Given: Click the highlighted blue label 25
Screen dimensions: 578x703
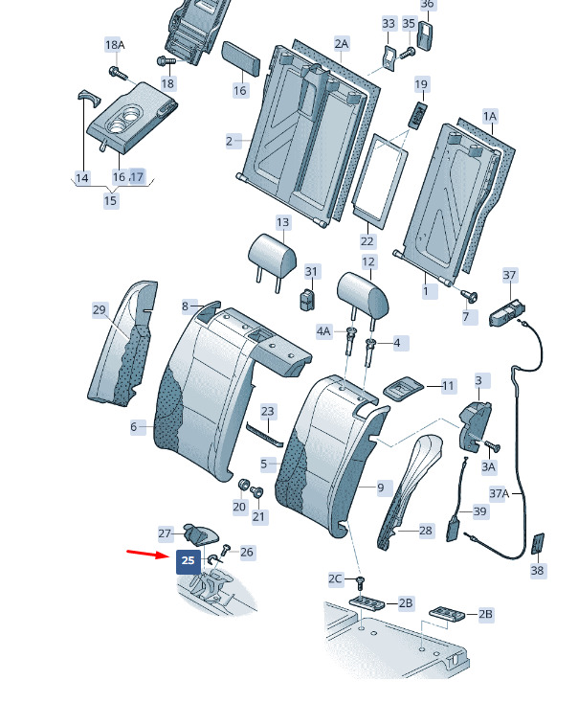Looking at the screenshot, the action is (x=189, y=562).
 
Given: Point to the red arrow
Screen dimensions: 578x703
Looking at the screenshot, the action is (x=148, y=554).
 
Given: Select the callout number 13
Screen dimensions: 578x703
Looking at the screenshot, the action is (x=282, y=223).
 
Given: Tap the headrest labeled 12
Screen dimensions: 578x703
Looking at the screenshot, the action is (x=363, y=297).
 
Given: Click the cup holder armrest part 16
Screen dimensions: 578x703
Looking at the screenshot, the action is (x=131, y=118).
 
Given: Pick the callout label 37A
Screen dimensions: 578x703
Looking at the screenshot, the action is (x=500, y=493).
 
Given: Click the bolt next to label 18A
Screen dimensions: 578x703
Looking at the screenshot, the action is (x=116, y=72).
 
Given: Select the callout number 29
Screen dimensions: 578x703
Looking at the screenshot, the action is (x=99, y=309).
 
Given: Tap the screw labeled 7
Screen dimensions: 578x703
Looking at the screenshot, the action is (x=470, y=296).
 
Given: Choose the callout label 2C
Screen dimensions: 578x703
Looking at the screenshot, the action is (x=335, y=578).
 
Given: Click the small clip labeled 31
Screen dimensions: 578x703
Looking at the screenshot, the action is (x=307, y=300).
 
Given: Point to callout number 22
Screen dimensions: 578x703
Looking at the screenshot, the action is (x=367, y=241).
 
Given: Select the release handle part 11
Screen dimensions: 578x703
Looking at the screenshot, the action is (x=403, y=388).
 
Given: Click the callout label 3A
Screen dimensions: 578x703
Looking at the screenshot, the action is (x=488, y=467).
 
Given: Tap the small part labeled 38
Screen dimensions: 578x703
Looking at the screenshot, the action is (x=538, y=544).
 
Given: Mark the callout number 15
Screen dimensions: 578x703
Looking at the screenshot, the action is (x=110, y=200).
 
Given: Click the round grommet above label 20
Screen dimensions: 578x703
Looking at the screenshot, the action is (x=243, y=485).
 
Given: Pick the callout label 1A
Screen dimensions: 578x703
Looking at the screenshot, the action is (x=490, y=117).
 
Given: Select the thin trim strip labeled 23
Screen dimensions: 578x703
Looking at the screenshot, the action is (x=265, y=435).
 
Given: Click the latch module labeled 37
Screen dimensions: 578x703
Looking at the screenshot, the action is (x=507, y=311).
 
